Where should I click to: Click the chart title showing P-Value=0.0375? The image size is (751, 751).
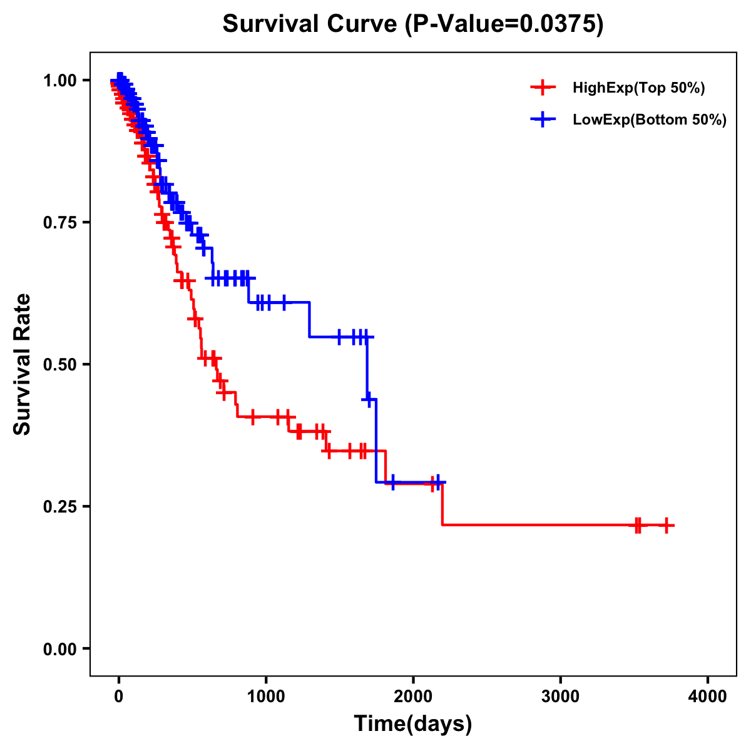pos(413,24)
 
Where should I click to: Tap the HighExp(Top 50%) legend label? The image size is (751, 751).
pos(639,88)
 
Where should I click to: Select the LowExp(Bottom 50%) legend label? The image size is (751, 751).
pos(650,120)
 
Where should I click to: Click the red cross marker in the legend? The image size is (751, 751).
pos(543,88)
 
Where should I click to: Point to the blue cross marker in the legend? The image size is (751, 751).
pos(543,120)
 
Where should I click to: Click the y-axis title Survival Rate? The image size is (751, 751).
pos(23,364)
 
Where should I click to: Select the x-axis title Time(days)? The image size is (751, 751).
pos(413,724)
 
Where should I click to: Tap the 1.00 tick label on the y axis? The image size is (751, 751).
pos(60,80)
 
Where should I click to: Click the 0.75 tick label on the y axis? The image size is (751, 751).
pos(60,222)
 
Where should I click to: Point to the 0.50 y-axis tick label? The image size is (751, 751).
pos(60,364)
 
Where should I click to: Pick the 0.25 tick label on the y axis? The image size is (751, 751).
pos(60,506)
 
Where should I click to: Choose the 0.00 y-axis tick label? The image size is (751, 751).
pos(60,649)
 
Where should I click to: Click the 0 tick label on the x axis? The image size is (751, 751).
pos(119,697)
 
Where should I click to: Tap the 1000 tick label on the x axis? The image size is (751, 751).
pos(266,697)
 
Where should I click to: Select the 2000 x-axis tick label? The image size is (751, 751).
pos(413,697)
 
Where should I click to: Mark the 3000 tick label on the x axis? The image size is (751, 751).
pos(560,697)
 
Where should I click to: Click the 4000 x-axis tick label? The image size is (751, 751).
pos(708,697)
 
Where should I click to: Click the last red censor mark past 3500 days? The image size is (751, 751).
pos(667,525)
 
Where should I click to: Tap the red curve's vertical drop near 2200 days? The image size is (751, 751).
pos(442,504)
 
